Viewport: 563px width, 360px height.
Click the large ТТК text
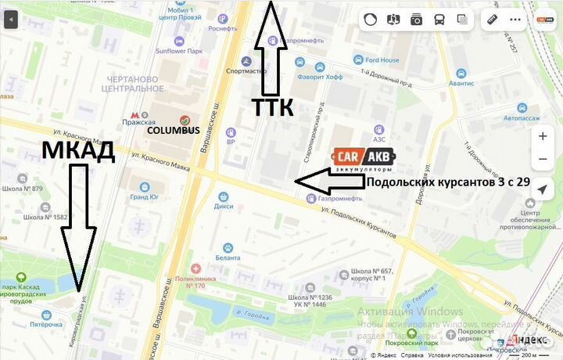[x=272, y=107]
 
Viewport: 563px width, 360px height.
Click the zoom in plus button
[x=543, y=135]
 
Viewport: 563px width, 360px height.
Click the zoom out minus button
[x=543, y=160]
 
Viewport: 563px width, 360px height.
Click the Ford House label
[x=380, y=59]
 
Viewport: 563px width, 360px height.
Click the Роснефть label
[x=223, y=28]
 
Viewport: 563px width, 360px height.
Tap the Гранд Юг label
[x=145, y=196]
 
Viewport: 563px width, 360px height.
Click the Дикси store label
[x=224, y=207]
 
